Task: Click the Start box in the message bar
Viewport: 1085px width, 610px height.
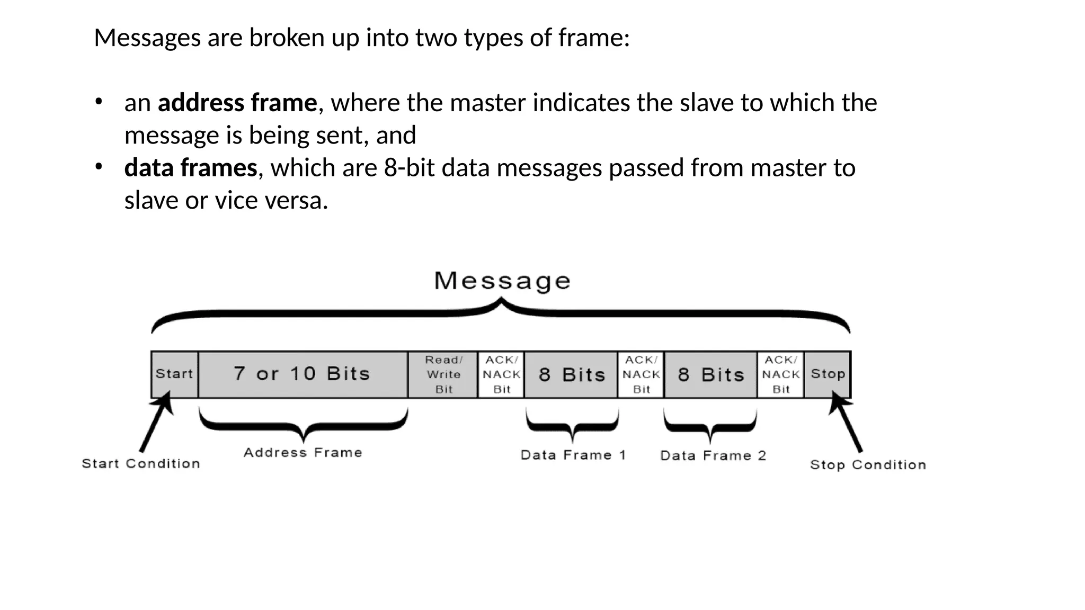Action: coord(174,374)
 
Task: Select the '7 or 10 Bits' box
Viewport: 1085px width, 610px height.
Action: coord(303,374)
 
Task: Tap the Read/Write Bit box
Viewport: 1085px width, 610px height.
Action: coord(443,374)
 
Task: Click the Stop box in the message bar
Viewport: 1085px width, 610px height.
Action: coord(828,374)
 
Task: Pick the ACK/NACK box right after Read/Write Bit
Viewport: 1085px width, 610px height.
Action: coord(501,374)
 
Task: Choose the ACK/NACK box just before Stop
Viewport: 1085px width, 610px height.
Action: coord(781,374)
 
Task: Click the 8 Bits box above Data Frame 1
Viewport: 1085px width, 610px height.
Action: coord(571,374)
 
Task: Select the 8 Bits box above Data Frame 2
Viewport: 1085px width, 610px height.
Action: coord(711,374)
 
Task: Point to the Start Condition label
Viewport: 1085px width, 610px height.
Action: coord(141,464)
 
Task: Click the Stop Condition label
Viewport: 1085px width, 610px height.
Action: coord(868,465)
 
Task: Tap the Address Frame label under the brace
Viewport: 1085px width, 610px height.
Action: coord(303,453)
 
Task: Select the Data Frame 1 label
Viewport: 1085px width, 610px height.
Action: coord(573,455)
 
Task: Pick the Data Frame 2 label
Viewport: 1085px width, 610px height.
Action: coord(713,456)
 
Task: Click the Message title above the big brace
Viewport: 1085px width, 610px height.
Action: coord(502,281)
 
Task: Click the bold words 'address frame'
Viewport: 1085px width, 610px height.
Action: coord(237,103)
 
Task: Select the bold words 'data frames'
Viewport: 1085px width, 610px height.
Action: coord(191,168)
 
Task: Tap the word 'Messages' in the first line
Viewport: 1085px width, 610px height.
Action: coord(147,38)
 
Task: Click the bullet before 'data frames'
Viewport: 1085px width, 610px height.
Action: coord(98,167)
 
